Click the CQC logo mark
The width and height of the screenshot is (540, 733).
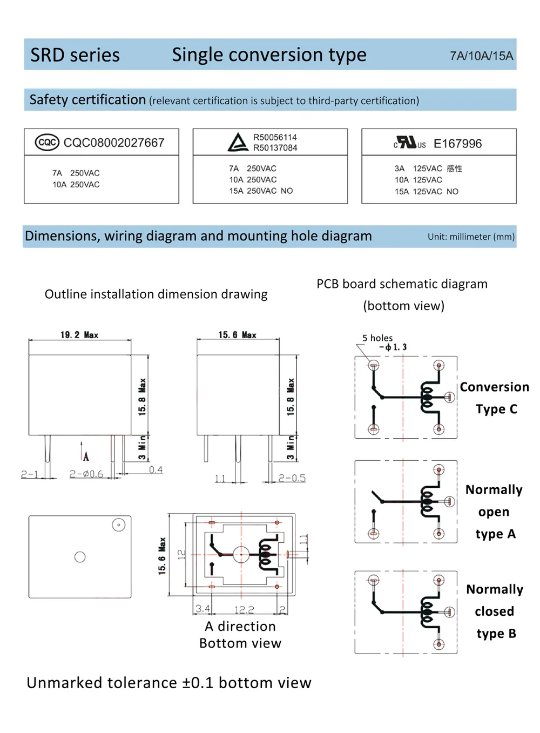(47, 143)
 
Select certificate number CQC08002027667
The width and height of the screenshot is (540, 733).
(114, 143)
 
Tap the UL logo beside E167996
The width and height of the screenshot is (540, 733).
(409, 143)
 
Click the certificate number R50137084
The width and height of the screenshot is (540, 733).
(275, 148)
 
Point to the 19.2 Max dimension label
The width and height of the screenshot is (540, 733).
(79, 335)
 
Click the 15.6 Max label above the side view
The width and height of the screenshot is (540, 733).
(237, 335)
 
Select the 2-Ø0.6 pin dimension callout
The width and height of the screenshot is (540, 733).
(86, 474)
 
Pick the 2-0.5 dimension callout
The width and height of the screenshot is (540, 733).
(292, 478)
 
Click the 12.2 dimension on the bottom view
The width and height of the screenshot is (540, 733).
(244, 609)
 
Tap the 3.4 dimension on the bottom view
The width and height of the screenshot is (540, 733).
(202, 609)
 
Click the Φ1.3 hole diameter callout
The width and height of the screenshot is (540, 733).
(394, 347)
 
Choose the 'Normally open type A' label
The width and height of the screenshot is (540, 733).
(494, 512)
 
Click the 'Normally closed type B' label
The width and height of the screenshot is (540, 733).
(495, 611)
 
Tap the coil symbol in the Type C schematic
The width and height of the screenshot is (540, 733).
(428, 398)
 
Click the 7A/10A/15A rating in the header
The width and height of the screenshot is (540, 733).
(481, 56)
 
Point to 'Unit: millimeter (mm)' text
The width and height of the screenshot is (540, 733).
(471, 237)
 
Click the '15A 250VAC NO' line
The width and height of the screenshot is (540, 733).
(261, 191)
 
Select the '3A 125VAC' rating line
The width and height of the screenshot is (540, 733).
(418, 169)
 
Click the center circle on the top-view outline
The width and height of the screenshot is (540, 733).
(80, 557)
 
